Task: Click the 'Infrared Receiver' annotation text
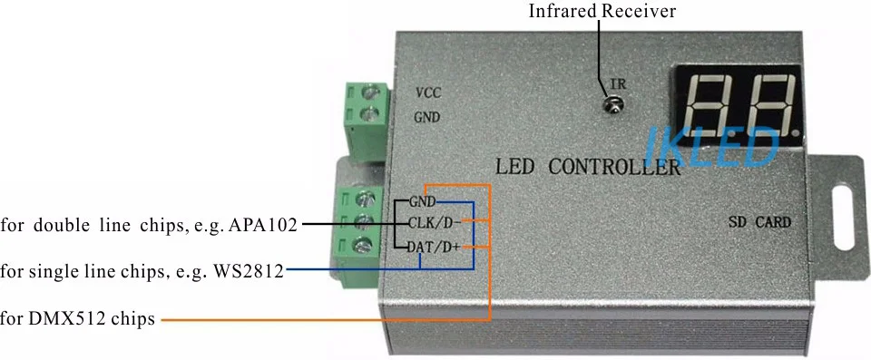602,11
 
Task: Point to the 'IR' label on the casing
618,84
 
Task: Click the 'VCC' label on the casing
428,92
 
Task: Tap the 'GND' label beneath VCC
427,118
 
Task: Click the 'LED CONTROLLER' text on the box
587,167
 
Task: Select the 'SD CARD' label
759,223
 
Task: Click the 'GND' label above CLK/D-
422,201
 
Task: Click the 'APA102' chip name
262,226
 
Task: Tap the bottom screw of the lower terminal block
363,243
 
